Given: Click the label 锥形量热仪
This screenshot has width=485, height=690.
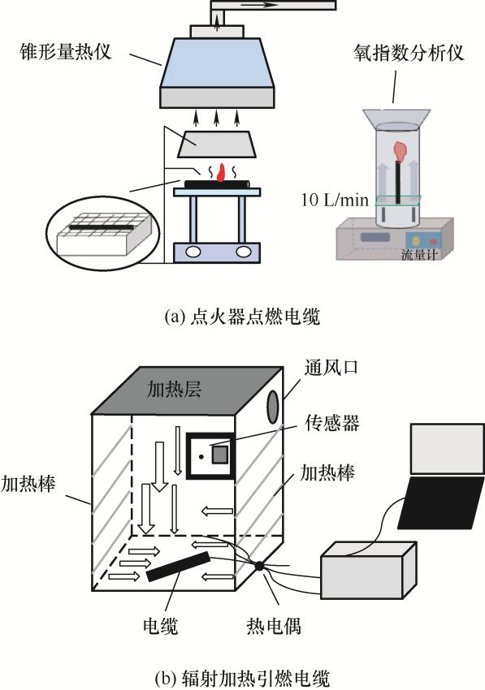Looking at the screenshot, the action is (66, 51).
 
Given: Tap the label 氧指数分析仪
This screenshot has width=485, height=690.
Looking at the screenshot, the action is (409, 53).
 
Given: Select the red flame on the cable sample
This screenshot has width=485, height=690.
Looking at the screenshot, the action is (222, 173).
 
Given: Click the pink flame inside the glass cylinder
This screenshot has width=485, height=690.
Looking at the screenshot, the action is (401, 152).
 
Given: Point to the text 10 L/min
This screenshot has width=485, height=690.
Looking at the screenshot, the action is (335, 201).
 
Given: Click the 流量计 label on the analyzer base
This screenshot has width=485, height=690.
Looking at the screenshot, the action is (419, 254).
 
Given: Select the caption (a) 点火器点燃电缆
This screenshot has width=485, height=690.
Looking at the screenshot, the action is (242, 317).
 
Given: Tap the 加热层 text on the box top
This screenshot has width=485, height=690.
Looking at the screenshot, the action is (174, 389).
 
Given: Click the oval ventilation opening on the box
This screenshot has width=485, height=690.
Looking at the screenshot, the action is (273, 407).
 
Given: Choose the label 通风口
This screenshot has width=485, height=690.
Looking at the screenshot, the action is (331, 367).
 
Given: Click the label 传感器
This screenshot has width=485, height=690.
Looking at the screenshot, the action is (332, 422).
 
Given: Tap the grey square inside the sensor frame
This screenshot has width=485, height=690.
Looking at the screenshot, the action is (220, 455).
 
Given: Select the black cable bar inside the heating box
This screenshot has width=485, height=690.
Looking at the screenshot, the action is (178, 567).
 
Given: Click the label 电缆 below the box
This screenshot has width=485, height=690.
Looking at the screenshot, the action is (160, 625).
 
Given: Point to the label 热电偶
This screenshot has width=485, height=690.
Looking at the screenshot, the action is (274, 625).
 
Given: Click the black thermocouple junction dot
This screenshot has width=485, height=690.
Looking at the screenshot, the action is (259, 567).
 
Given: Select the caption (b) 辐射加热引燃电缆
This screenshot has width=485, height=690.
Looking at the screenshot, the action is (242, 678).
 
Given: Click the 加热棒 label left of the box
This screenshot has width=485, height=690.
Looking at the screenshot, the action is (28, 483).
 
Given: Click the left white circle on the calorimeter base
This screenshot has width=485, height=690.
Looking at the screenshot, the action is (193, 252).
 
